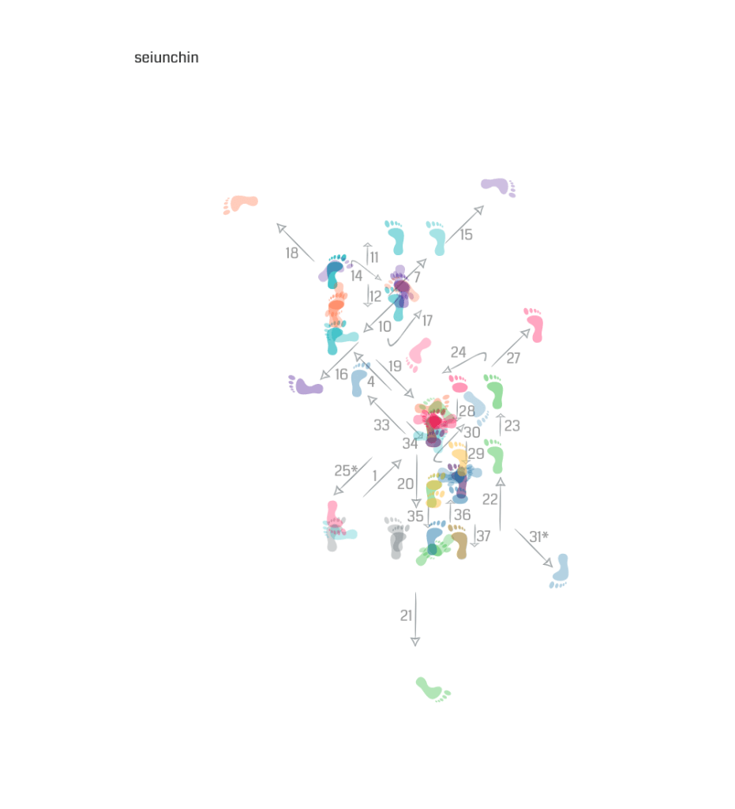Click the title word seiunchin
click(x=166, y=57)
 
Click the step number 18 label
click(x=292, y=253)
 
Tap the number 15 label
click(x=466, y=235)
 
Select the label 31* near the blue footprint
click(x=538, y=536)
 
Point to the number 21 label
click(x=406, y=615)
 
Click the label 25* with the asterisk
click(x=346, y=471)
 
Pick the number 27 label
click(x=513, y=358)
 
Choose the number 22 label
click(x=490, y=499)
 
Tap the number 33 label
click(x=381, y=425)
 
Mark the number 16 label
click(x=341, y=374)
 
